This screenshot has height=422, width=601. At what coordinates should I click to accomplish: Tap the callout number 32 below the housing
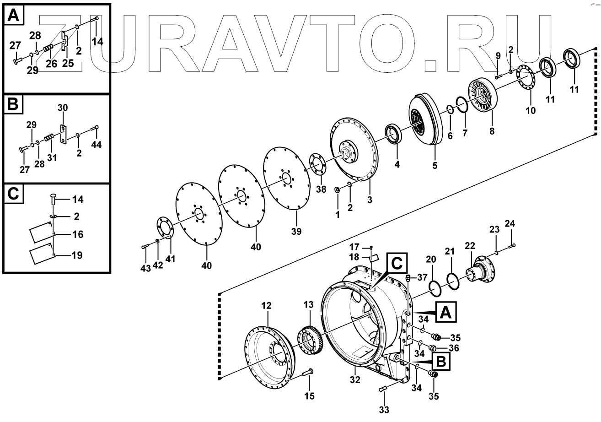pyautogui.click(x=355, y=379)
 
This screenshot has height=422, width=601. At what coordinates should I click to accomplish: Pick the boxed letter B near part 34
pyautogui.click(x=440, y=362)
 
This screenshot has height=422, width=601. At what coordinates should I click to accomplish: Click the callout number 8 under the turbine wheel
pyautogui.click(x=492, y=130)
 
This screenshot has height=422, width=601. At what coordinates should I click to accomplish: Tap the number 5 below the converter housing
pyautogui.click(x=435, y=165)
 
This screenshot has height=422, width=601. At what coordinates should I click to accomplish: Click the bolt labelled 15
pyautogui.click(x=307, y=373)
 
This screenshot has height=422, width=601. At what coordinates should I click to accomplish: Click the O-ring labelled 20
pyautogui.click(x=435, y=289)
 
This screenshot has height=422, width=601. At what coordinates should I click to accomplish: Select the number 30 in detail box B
pyautogui.click(x=62, y=108)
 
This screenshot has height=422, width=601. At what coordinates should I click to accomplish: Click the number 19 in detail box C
pyautogui.click(x=77, y=254)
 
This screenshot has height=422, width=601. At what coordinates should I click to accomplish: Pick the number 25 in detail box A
pyautogui.click(x=68, y=64)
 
